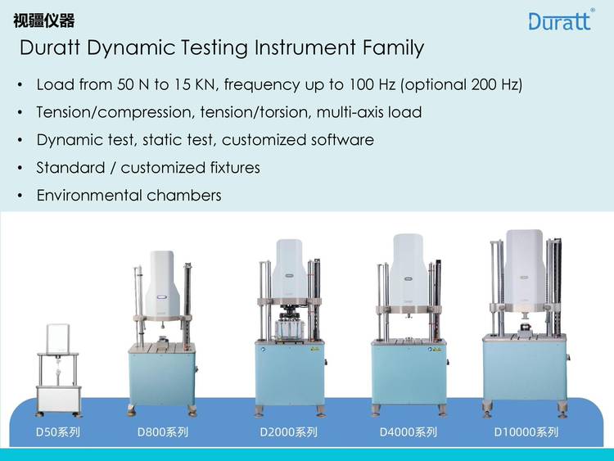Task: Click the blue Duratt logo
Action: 560,20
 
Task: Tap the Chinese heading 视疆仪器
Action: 44,20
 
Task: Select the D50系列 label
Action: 58,432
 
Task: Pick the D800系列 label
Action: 163,432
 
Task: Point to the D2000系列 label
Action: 289,432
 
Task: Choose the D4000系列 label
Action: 409,432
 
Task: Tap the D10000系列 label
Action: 526,432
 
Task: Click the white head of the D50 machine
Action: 58,339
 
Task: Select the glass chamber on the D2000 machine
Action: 290,329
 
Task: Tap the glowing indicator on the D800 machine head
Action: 162,297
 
